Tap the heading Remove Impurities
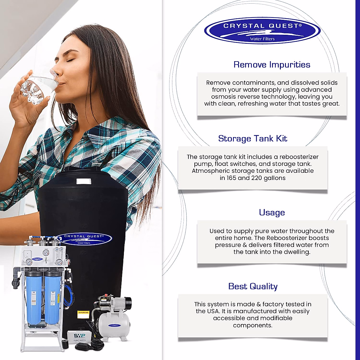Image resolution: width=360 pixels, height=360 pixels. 272,65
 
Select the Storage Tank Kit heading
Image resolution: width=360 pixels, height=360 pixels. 253,139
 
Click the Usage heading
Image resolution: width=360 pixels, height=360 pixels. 272,212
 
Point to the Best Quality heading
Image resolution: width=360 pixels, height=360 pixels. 253,286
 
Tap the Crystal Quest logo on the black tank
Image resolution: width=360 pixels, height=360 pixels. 84,239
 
